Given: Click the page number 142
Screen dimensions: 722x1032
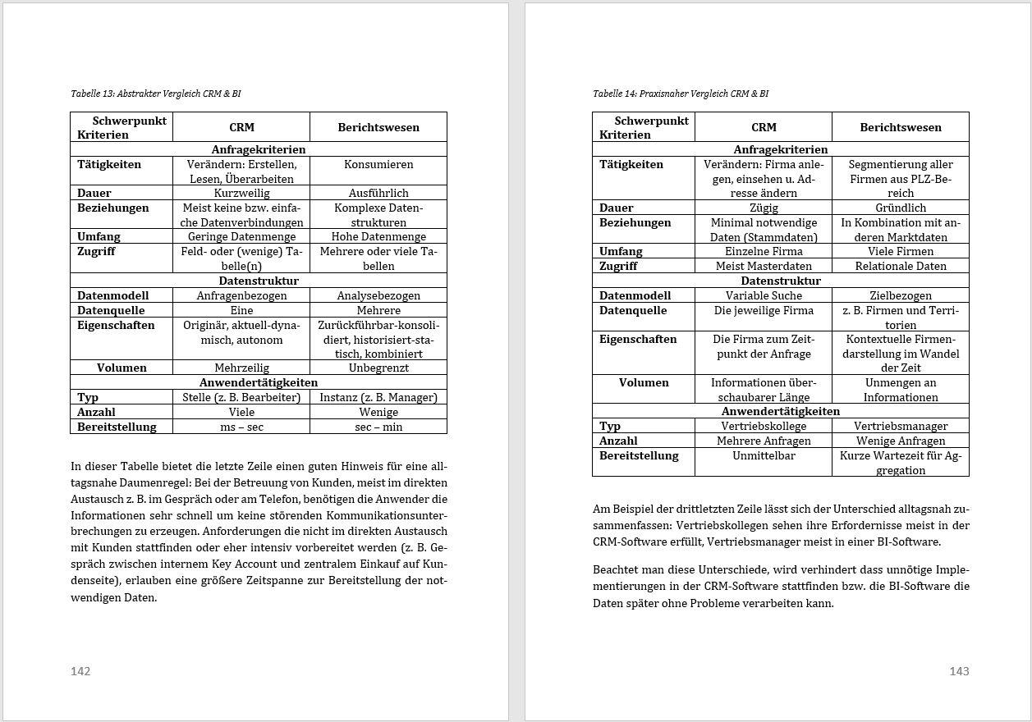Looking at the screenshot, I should [x=80, y=671].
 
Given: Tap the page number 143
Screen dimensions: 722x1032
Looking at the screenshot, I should [x=959, y=671].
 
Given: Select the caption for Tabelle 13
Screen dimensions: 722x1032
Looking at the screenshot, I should [x=156, y=94].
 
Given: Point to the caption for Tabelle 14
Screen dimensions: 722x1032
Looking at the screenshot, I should [x=681, y=94].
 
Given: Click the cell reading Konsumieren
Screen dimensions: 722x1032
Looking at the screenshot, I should [x=378, y=164].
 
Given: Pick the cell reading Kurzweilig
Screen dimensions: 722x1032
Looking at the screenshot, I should [x=241, y=193].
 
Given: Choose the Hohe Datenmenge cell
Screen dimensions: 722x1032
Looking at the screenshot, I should [x=378, y=236].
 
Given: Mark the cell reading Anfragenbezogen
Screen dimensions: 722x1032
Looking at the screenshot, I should [x=241, y=295].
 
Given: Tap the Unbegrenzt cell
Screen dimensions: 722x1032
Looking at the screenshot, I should [x=378, y=368].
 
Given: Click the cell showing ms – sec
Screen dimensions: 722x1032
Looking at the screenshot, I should [x=241, y=427].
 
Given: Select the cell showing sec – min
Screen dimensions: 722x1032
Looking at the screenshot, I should [x=378, y=427].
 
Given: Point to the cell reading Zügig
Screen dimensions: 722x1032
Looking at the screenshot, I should [x=764, y=208].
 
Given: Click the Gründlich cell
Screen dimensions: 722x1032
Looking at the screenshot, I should [x=901, y=208].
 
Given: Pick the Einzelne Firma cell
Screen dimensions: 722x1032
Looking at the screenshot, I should [x=764, y=251].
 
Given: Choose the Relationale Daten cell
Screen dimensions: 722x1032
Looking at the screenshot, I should [x=901, y=266].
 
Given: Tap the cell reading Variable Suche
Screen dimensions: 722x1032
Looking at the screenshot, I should [x=764, y=295].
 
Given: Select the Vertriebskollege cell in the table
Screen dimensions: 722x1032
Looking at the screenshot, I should [x=764, y=426].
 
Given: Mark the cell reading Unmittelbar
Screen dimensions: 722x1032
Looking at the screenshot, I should [x=764, y=455].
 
